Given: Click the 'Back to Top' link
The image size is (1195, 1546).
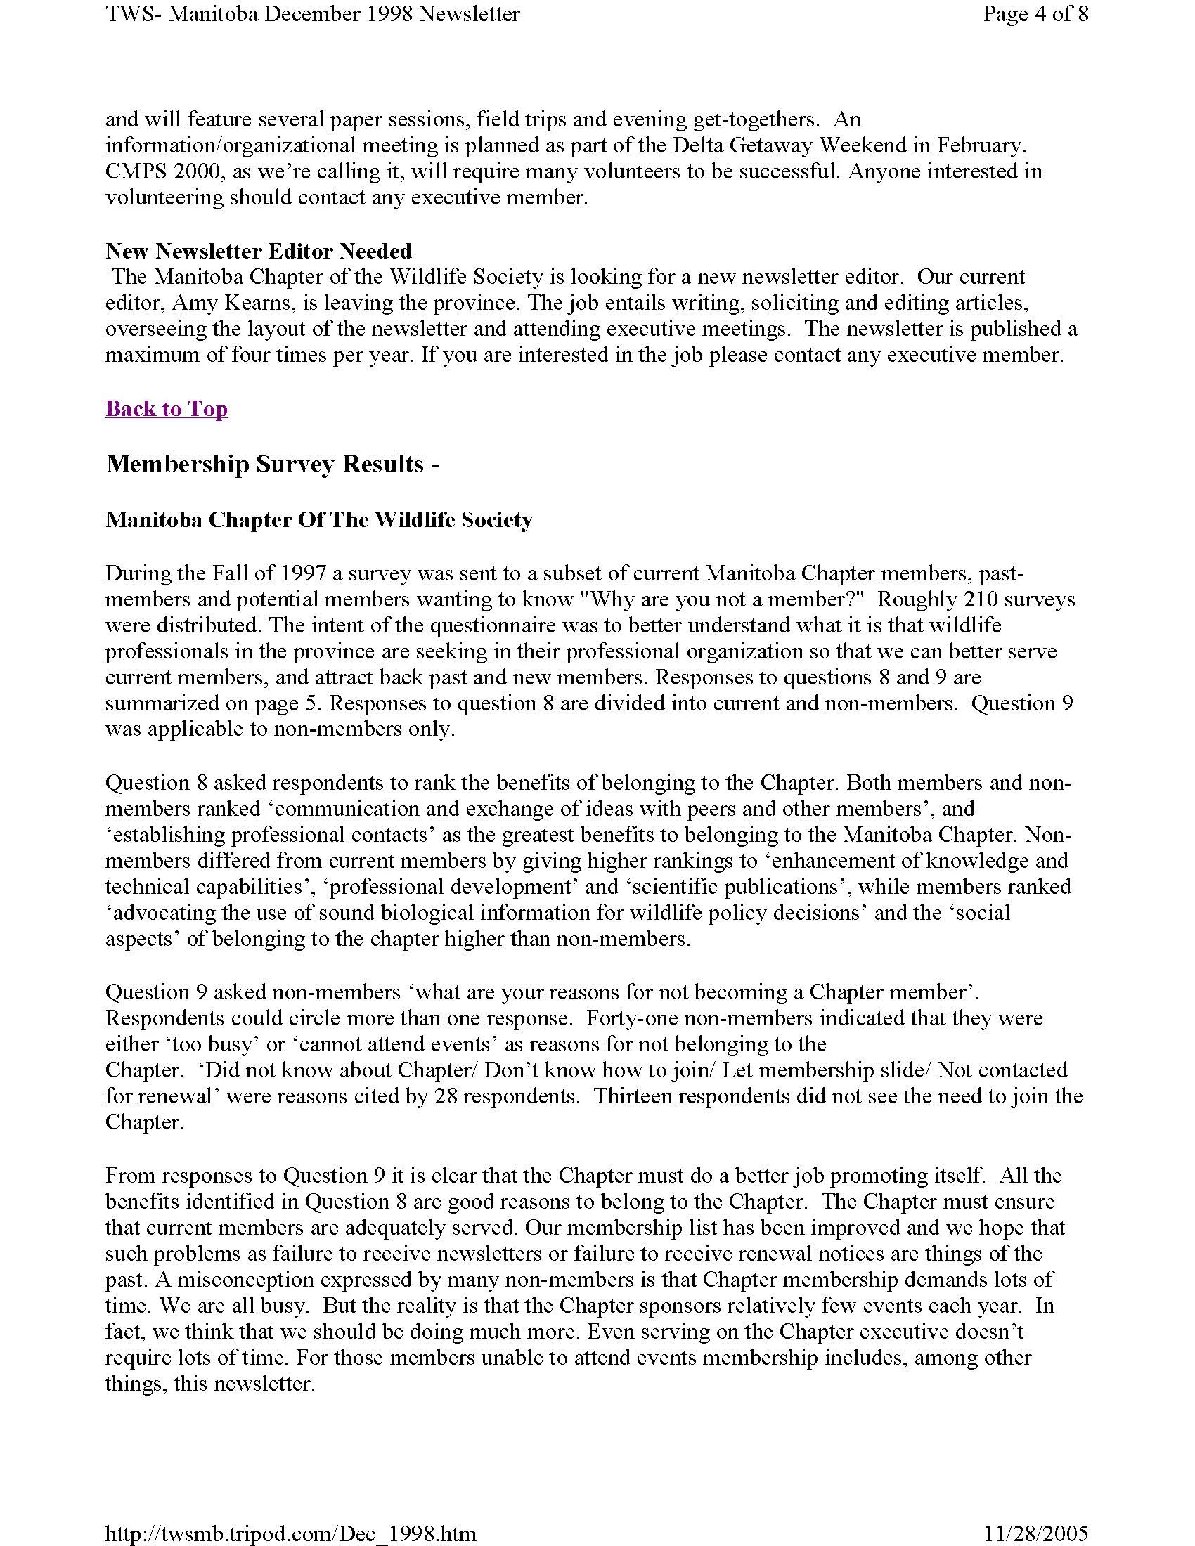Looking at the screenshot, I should pos(167,409).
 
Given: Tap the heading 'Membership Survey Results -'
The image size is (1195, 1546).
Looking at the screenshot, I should pos(273,465).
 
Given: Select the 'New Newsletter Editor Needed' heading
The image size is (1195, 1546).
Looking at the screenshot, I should pos(259,252).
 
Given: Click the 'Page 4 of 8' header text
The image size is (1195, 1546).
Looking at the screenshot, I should pos(1035,13).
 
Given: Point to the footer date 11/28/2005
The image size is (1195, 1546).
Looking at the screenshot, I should pos(1035,1533).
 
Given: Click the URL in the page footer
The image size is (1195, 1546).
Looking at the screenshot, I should pos(290,1533).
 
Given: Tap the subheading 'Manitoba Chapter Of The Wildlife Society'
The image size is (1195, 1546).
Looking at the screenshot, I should pos(318,520).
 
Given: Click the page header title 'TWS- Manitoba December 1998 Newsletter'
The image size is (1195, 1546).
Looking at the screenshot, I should pos(312,13).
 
